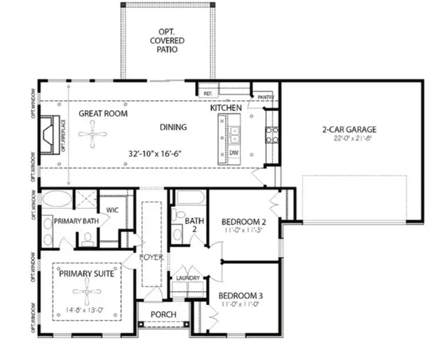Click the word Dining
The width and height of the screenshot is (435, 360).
(x=173, y=127)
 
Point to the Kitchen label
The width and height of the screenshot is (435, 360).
(x=225, y=107)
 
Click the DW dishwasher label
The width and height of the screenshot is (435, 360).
(x=235, y=152)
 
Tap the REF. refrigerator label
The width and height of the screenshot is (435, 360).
(x=207, y=94)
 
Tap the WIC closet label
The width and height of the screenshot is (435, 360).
(x=112, y=210)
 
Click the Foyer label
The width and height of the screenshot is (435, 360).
(x=152, y=258)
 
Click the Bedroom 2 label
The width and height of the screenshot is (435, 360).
(x=244, y=221)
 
